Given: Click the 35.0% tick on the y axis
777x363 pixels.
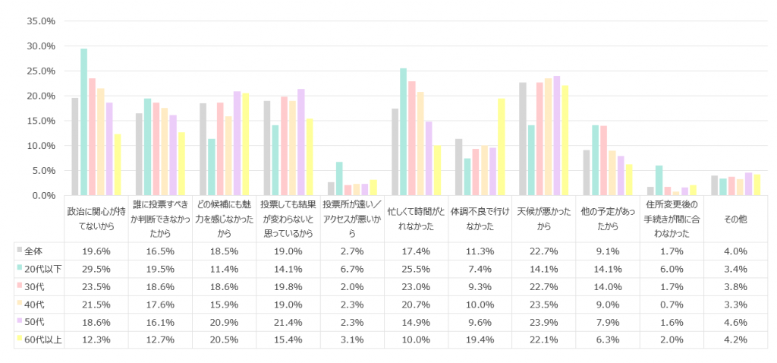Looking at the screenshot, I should tap(40, 21).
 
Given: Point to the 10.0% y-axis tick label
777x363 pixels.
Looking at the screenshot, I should tap(40, 146).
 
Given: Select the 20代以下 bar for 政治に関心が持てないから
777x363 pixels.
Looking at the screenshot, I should tap(83, 122).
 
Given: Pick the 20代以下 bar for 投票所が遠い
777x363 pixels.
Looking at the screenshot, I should tap(339, 178).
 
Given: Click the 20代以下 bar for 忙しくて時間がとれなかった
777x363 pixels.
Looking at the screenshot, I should tap(404, 132).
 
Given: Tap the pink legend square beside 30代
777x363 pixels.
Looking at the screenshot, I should tap(19, 286).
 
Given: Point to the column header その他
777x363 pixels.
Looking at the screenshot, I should tap(735, 219).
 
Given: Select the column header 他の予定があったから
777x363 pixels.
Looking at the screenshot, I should tap(607, 219).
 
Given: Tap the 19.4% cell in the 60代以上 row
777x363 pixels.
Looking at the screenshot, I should tap(480, 339).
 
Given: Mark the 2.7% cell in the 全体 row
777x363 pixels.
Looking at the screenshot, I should tap(351, 251).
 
